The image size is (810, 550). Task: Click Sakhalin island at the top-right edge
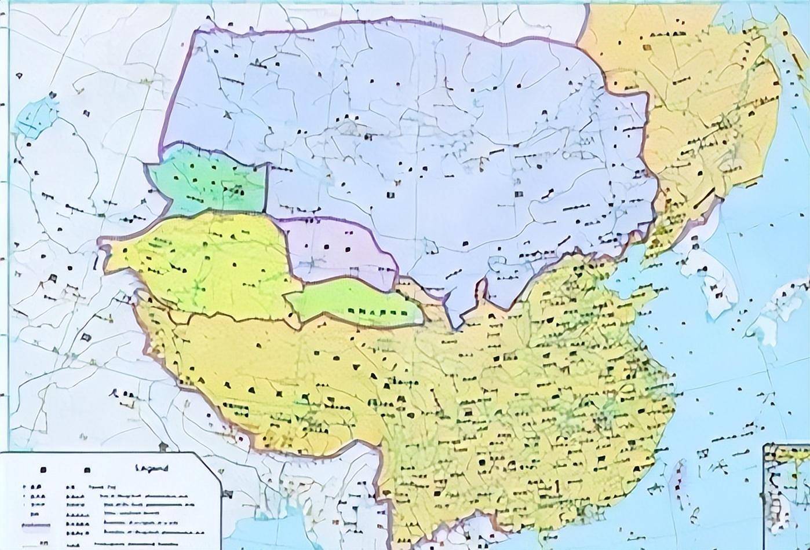[794, 35]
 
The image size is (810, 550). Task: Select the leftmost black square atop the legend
[42, 470]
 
